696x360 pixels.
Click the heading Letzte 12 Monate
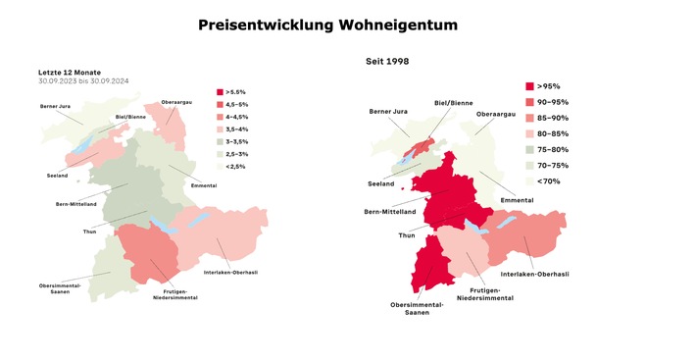[x=71, y=72]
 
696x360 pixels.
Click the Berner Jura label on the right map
[x=387, y=111]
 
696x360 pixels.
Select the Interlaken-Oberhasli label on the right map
[x=534, y=274]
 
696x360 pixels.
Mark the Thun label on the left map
[x=89, y=231]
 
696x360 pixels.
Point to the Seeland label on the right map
[x=380, y=183]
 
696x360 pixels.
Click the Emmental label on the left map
[x=203, y=185]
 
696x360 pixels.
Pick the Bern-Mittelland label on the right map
[x=390, y=211]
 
